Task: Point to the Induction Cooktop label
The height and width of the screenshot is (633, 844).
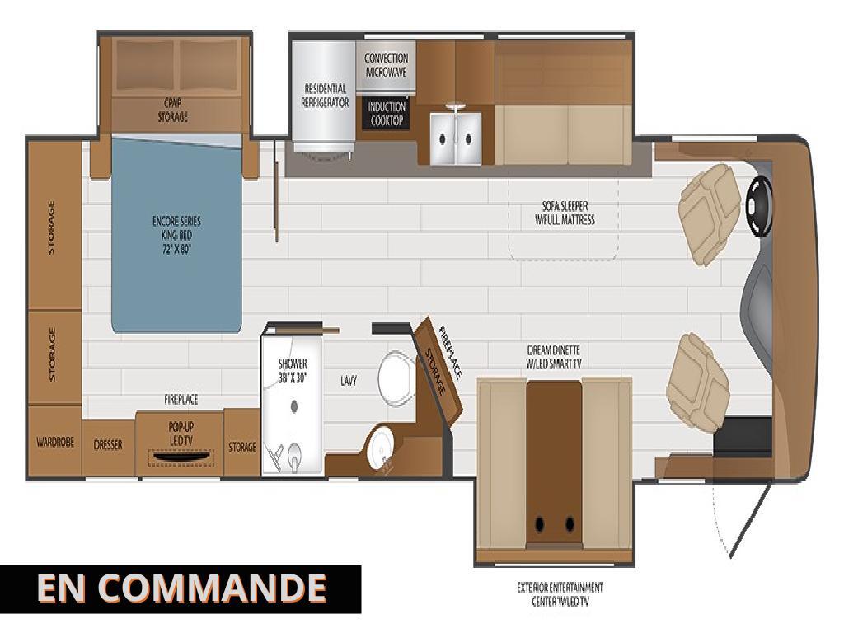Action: [x=387, y=114]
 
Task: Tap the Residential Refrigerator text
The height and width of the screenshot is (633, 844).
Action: [x=326, y=96]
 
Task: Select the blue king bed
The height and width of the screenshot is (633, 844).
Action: [x=176, y=235]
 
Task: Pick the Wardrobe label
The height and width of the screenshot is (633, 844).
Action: [x=55, y=443]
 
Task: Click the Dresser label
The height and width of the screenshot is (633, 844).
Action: [x=108, y=445]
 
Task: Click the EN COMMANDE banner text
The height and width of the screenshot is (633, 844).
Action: [x=181, y=588]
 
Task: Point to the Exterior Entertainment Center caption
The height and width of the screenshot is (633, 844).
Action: [x=560, y=594]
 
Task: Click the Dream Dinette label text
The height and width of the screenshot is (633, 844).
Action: [x=554, y=356]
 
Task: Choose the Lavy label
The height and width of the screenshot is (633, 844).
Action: [x=348, y=381]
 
